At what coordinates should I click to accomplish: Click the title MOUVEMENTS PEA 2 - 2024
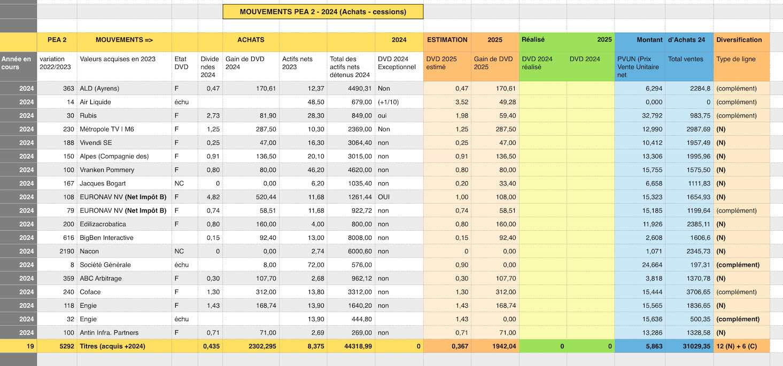point(323,12)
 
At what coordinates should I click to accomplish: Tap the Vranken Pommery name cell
point(107,170)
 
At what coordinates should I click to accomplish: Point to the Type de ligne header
point(736,59)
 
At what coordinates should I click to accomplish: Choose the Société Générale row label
point(105,265)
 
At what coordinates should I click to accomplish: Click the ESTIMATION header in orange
point(447,40)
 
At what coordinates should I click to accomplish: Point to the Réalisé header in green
point(533,40)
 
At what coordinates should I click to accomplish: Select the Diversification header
point(739,40)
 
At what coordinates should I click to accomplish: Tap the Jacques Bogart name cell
point(104,183)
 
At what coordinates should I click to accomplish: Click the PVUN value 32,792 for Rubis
point(650,116)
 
